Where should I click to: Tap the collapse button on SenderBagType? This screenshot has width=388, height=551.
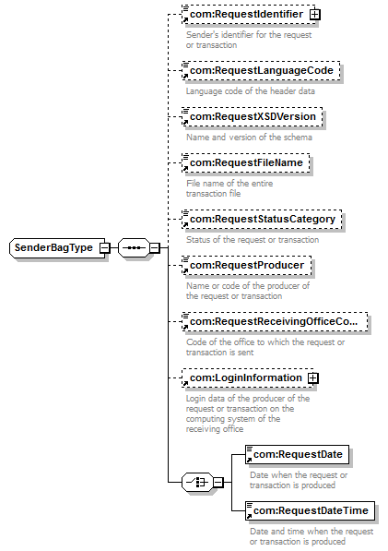[x=104, y=247]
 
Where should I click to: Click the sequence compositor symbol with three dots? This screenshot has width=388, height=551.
[x=134, y=247]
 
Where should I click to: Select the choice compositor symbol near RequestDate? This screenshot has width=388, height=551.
[x=197, y=482]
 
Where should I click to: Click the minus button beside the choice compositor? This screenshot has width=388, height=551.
[x=218, y=482]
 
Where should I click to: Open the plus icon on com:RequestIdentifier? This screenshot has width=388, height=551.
[x=314, y=15]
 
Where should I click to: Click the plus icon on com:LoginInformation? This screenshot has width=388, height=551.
[x=313, y=378]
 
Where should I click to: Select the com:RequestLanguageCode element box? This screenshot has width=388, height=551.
[x=261, y=71]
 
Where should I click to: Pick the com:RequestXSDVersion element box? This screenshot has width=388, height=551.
[x=253, y=116]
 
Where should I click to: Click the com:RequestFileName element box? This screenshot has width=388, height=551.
[x=246, y=163]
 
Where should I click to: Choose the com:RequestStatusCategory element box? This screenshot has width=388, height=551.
[x=262, y=220]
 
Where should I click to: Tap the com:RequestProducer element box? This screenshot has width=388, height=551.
[x=247, y=265]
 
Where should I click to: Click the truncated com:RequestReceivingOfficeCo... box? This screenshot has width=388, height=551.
[x=275, y=321]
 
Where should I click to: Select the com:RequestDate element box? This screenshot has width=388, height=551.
[x=297, y=454]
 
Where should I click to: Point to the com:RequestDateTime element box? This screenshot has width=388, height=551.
[x=310, y=510]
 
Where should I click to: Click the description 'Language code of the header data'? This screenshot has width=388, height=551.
[x=251, y=91]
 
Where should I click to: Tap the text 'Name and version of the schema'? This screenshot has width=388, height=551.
[x=249, y=138]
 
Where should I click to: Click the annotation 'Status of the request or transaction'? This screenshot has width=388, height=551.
[x=253, y=240]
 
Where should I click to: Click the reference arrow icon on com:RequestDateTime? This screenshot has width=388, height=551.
[x=249, y=516]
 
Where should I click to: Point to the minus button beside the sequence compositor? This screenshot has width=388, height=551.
[x=155, y=247]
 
